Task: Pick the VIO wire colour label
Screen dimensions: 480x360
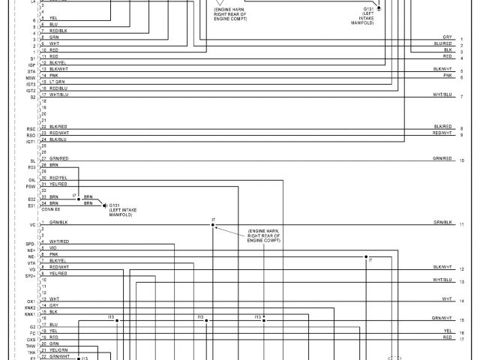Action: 53,247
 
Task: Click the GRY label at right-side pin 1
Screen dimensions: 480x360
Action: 447,37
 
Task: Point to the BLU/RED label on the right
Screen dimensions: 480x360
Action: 442,43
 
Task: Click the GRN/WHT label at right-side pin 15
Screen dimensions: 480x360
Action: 442,319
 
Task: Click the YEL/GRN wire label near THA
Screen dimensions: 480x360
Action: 58,350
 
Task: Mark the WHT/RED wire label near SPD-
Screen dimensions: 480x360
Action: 59,241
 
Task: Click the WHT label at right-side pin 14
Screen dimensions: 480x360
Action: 447,298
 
